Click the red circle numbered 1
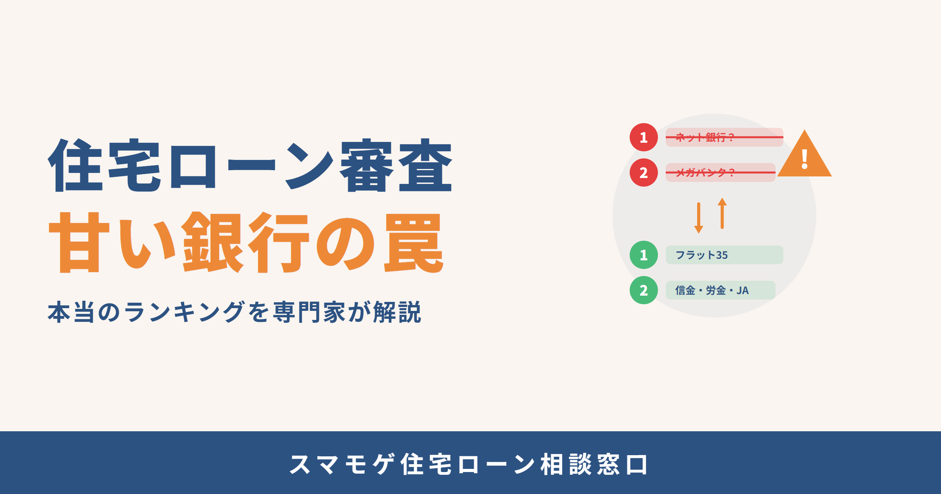click(644, 137)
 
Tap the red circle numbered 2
click(644, 173)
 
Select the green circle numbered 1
click(644, 255)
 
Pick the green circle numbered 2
click(644, 290)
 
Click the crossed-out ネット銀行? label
click(705, 137)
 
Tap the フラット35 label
click(701, 255)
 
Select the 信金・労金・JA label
click(712, 291)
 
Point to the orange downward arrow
click(699, 218)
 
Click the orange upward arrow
click(722, 213)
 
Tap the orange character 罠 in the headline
click(414, 243)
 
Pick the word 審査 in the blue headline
click(396, 165)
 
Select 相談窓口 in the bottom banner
click(594, 465)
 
